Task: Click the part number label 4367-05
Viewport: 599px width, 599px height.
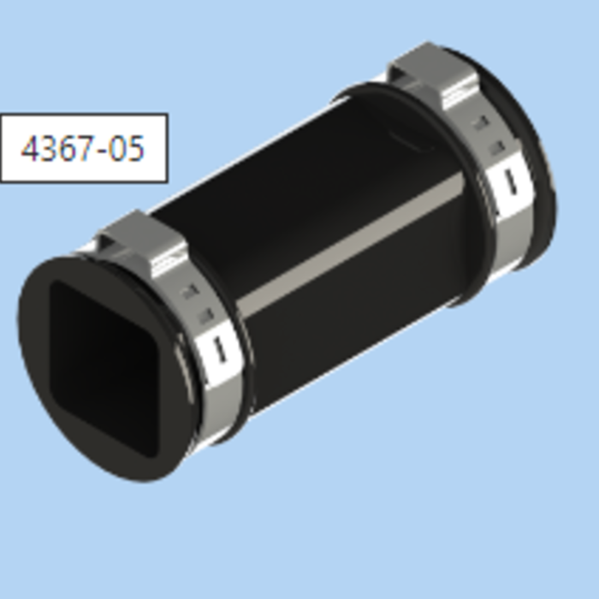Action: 83,148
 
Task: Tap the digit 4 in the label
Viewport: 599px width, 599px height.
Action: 31,149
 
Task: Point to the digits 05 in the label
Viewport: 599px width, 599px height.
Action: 126,149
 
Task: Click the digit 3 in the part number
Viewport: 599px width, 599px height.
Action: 49,149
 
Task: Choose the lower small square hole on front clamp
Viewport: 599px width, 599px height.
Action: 205,317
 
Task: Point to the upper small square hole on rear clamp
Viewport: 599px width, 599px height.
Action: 483,123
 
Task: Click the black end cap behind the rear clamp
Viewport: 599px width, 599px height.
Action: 535,171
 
